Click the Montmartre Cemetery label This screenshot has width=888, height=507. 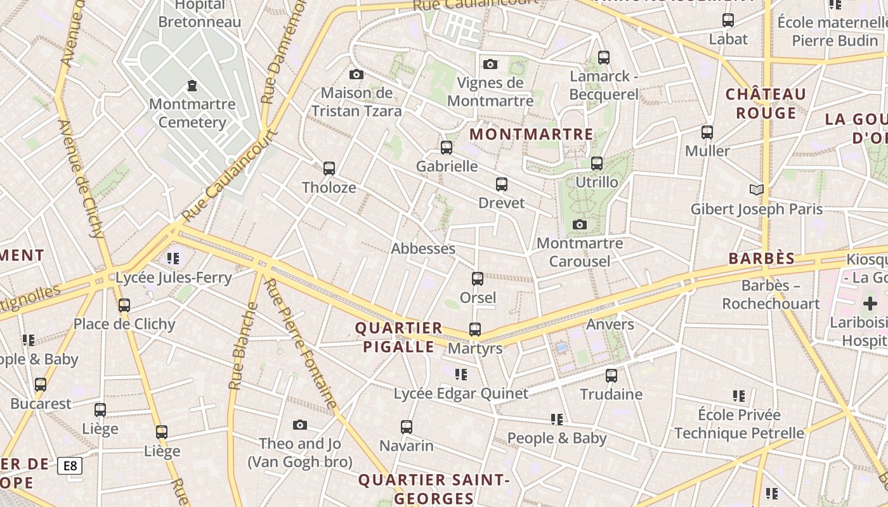coord(192,113)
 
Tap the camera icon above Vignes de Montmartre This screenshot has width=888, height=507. coord(490,64)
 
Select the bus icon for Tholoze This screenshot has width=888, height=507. coord(329,169)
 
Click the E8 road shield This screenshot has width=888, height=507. coord(70,466)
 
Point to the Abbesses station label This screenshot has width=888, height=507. coord(423,248)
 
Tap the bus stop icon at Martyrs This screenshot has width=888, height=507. coord(475,330)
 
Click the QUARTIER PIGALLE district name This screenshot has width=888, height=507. coord(398,337)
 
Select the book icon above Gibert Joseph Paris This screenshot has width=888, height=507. coord(756,189)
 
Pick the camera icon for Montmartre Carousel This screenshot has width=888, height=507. coord(579,224)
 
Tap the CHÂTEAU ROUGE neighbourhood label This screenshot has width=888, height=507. coord(766,104)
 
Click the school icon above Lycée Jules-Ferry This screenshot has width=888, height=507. coord(173,258)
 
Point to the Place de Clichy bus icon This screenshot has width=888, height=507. coord(124,305)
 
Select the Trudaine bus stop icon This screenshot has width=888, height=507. coord(611,375)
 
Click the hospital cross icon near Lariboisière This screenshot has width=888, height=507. coord(870,304)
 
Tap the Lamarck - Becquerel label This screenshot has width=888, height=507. coord(603,85)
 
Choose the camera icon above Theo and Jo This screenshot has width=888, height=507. coord(300,425)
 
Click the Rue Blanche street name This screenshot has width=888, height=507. coord(244,346)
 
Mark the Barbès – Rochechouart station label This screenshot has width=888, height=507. coord(771,295)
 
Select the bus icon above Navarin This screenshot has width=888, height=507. coord(407,427)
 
